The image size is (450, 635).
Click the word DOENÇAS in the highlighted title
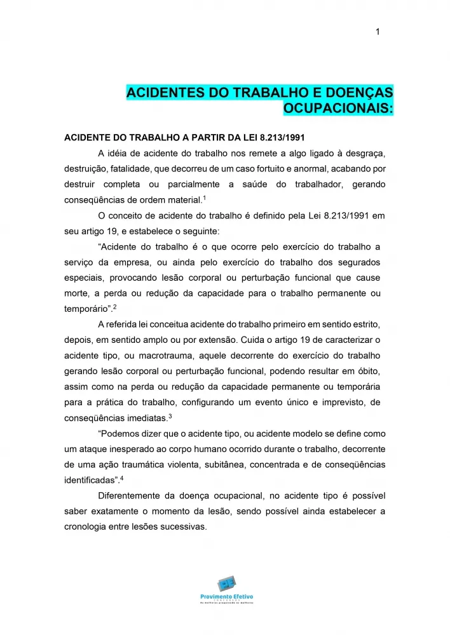(355, 93)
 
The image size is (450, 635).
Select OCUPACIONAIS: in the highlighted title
(337, 109)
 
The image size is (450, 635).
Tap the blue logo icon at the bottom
(226, 584)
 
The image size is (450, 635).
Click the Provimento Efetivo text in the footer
(226, 598)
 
